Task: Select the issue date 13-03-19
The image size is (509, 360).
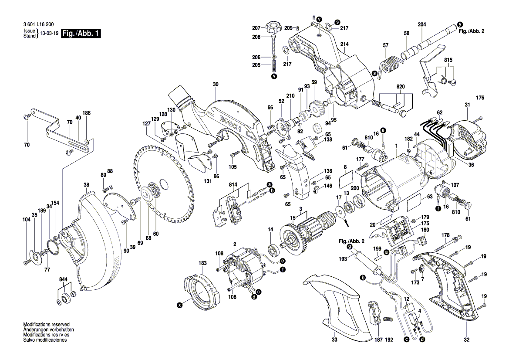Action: (49, 34)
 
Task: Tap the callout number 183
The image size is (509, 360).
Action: (202, 263)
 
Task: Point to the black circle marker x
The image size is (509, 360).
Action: (179, 306)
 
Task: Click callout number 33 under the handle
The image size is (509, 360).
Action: (334, 340)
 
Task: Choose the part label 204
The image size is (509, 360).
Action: (421, 25)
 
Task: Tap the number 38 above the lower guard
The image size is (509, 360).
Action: (86, 184)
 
